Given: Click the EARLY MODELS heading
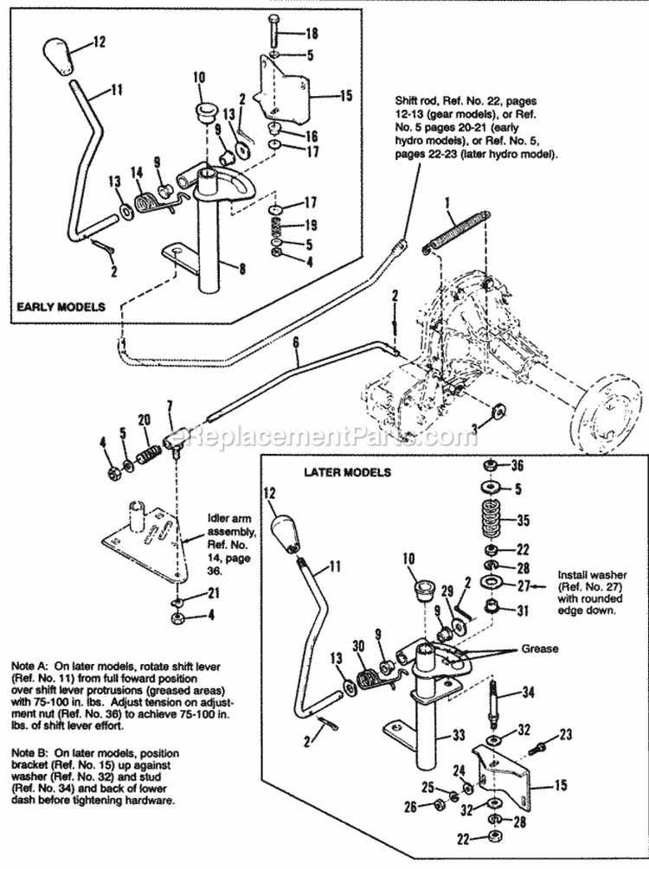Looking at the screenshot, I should [x=57, y=307].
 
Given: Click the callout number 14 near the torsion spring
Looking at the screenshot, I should [x=137, y=173].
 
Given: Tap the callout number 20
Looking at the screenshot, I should [x=144, y=420].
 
